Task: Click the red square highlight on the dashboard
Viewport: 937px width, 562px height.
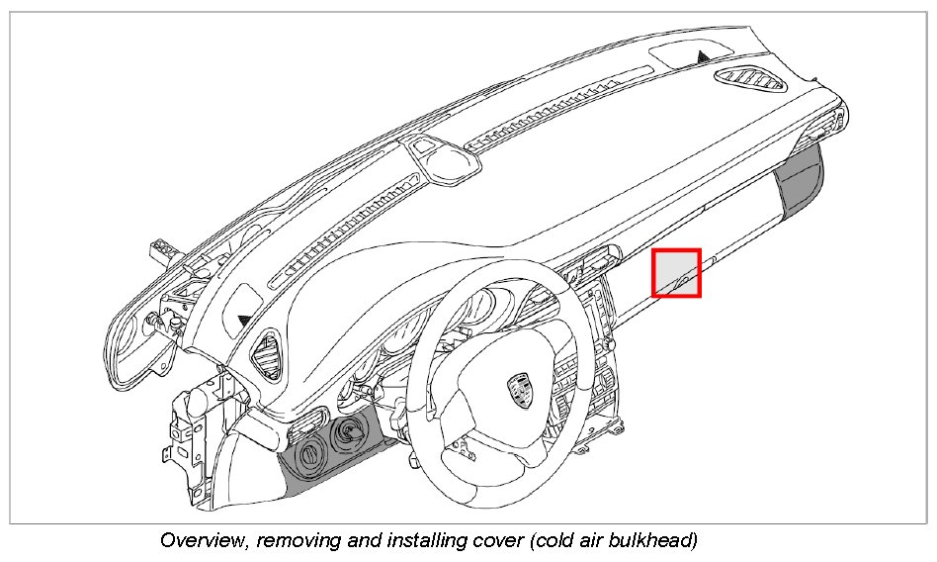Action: [x=676, y=272]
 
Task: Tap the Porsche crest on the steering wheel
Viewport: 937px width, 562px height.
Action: [x=520, y=390]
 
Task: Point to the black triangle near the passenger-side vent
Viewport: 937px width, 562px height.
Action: [x=702, y=56]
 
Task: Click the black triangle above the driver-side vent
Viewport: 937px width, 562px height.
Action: [x=243, y=320]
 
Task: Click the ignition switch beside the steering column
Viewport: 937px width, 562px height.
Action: [x=349, y=431]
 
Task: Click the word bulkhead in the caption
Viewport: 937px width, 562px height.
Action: [x=653, y=541]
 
